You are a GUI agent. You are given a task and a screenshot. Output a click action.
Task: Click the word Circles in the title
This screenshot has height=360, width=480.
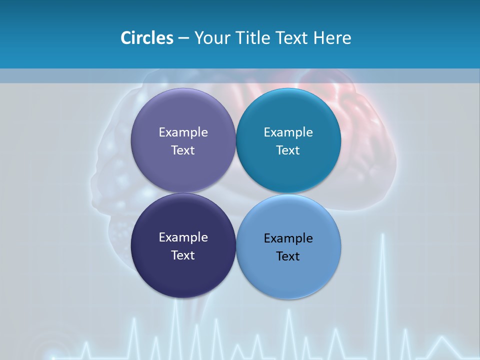point(146,38)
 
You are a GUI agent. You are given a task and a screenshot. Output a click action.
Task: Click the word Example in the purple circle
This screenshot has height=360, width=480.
point(183,132)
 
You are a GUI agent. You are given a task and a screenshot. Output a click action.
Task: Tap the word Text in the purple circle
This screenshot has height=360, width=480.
point(183,150)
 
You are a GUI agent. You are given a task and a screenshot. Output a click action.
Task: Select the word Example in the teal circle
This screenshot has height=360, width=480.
point(288,132)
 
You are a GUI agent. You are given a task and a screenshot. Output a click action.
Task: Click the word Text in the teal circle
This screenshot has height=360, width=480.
point(288,150)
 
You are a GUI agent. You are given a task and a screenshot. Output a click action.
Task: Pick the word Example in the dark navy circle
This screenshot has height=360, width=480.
point(183,237)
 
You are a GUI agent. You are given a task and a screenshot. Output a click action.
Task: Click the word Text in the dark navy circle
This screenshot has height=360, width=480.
point(183,255)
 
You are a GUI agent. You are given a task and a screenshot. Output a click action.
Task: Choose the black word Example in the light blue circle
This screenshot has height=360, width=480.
point(288,238)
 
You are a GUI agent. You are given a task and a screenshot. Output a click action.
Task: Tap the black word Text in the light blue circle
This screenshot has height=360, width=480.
point(288,256)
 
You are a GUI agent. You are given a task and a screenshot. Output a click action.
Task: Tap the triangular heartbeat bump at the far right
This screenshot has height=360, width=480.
point(443,345)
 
